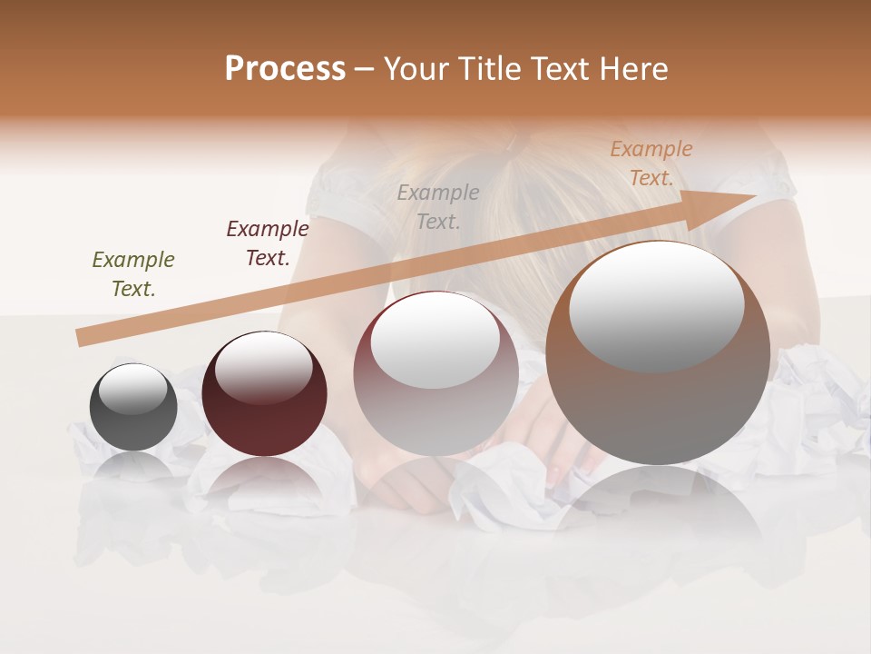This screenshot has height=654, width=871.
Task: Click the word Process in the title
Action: tap(285, 69)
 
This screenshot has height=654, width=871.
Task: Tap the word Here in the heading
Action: tap(634, 69)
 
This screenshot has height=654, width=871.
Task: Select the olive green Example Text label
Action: tap(133, 274)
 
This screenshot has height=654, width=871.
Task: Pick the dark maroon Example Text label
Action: tap(268, 243)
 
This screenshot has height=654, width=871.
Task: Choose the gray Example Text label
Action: tap(438, 206)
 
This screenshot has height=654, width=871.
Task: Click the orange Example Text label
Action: tap(651, 163)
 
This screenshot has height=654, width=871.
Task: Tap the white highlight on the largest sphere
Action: tap(656, 304)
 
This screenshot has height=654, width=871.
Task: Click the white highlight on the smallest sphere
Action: tap(133, 390)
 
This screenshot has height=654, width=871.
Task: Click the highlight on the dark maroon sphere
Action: tap(263, 369)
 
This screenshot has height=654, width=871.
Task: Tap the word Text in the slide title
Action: tap(562, 69)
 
